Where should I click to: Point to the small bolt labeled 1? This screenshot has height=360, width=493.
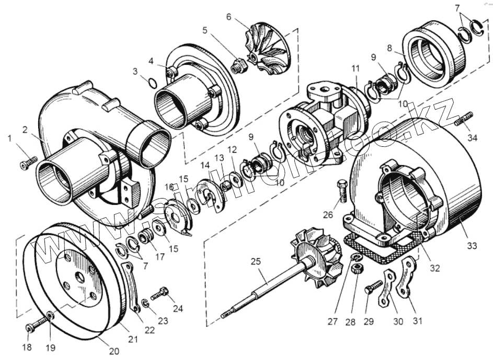tap(28, 162)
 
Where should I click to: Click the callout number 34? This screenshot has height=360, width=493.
tap(473, 138)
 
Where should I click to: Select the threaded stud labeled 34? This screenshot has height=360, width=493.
tap(463, 119)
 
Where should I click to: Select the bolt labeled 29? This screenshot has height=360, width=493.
tap(374, 288)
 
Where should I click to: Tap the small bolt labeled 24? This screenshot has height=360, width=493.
tap(159, 293)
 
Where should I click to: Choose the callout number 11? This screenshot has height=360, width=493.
tap(356, 69)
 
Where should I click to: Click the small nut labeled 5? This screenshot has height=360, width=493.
tap(238, 67)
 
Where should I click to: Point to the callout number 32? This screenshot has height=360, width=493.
tap(435, 268)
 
